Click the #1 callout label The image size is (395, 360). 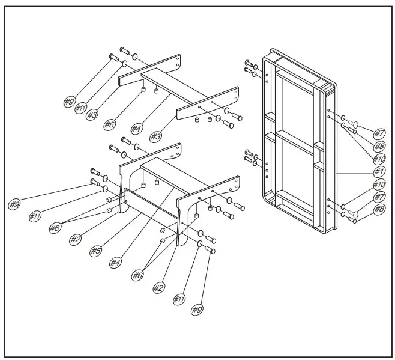(379, 171)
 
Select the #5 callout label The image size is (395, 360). (95, 251)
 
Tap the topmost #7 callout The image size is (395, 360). (379, 133)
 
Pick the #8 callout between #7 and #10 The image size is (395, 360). (379, 146)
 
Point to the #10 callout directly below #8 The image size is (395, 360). (379, 159)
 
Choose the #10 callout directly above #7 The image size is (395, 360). (379, 184)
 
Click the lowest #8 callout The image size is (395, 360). (379, 209)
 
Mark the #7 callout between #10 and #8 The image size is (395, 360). (379, 197)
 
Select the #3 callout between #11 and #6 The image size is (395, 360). (92, 114)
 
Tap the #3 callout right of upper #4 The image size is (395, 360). (155, 136)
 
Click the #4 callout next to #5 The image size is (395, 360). (115, 262)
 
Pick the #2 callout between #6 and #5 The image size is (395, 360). (75, 239)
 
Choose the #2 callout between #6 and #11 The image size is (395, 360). (158, 288)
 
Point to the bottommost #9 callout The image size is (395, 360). (196, 310)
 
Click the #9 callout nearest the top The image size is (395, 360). (69, 102)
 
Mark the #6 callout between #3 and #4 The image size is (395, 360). (109, 124)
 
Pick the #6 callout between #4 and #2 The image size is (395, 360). (138, 275)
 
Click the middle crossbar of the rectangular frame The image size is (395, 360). (294, 136)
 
